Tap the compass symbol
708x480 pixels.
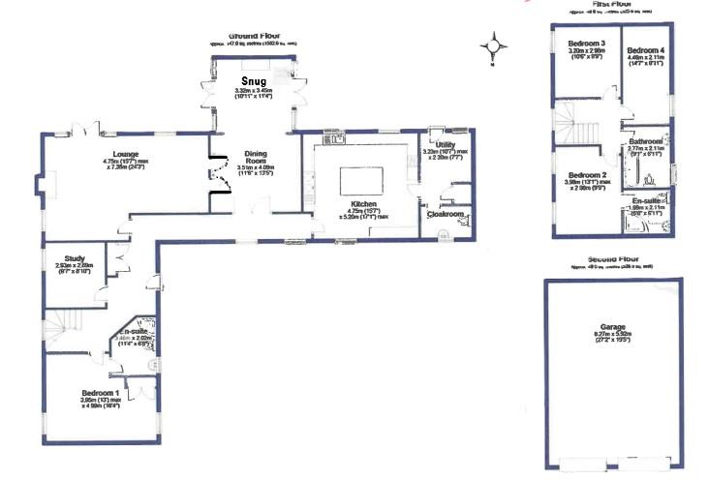click(x=497, y=45)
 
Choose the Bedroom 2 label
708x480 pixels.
click(x=587, y=175)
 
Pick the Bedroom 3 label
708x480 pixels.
click(x=587, y=44)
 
